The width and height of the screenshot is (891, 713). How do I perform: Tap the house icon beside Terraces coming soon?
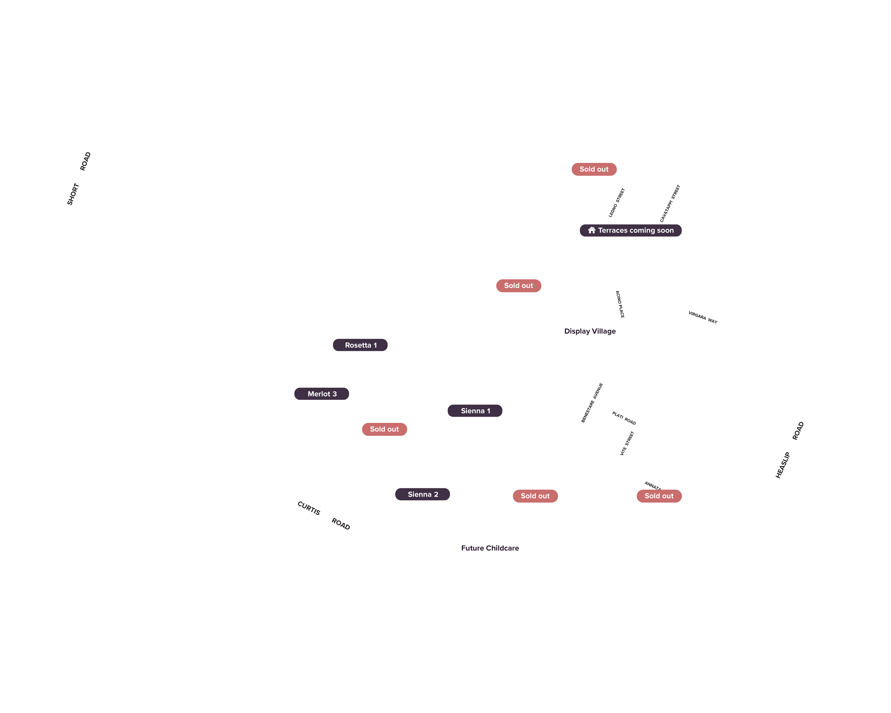592,230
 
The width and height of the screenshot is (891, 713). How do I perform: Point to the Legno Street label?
617,202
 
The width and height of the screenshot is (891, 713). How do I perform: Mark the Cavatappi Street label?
670,203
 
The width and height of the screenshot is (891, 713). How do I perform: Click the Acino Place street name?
620,304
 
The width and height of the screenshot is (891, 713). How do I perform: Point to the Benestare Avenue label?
592,403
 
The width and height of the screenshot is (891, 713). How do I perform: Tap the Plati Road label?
624,418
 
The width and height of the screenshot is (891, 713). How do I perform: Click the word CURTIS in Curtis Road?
309,508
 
